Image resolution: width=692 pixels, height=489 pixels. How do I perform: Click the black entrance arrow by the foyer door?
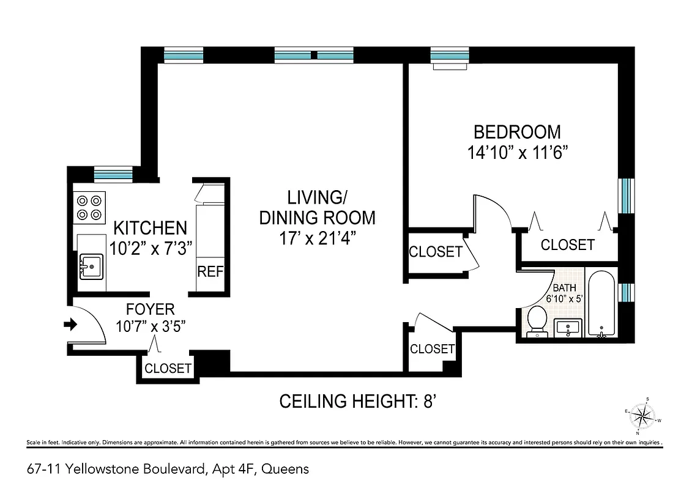[70, 325]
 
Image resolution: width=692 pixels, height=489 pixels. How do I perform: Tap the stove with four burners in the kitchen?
[89, 207]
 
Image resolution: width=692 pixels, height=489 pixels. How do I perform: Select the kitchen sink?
[91, 267]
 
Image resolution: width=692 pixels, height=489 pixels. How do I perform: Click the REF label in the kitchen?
[210, 271]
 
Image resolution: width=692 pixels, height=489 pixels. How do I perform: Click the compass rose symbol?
[642, 417]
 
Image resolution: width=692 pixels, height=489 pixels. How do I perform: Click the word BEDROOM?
[518, 132]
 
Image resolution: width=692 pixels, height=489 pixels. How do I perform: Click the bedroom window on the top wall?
[449, 56]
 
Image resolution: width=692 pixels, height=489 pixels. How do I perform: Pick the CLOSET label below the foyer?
[168, 369]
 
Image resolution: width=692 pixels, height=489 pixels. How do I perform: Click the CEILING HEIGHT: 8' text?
[360, 402]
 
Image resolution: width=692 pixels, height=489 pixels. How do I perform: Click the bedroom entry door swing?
[493, 211]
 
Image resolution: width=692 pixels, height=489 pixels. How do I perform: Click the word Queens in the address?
[288, 469]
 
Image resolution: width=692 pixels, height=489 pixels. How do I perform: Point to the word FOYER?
[151, 309]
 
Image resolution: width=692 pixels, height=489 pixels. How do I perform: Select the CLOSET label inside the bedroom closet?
[568, 245]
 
